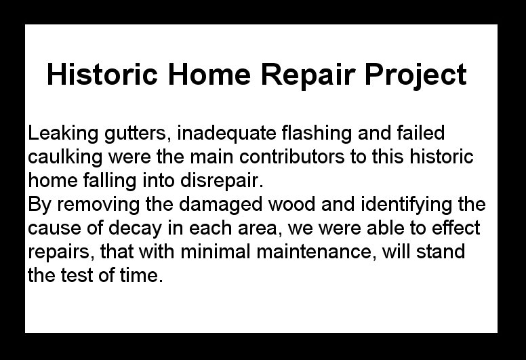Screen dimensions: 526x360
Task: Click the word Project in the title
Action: click(416, 75)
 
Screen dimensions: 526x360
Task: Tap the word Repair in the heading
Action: click(308, 75)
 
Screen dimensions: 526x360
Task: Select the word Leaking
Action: click(63, 134)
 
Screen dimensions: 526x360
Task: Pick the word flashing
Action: click(317, 134)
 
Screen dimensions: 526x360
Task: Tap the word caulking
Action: click(65, 157)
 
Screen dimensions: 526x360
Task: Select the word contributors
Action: click(292, 157)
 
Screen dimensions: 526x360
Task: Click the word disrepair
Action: click(222, 181)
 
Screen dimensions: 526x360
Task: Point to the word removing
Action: click(98, 205)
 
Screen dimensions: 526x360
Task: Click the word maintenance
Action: click(316, 252)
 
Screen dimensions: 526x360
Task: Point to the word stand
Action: click(441, 252)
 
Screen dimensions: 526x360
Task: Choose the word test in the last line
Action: click(77, 275)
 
